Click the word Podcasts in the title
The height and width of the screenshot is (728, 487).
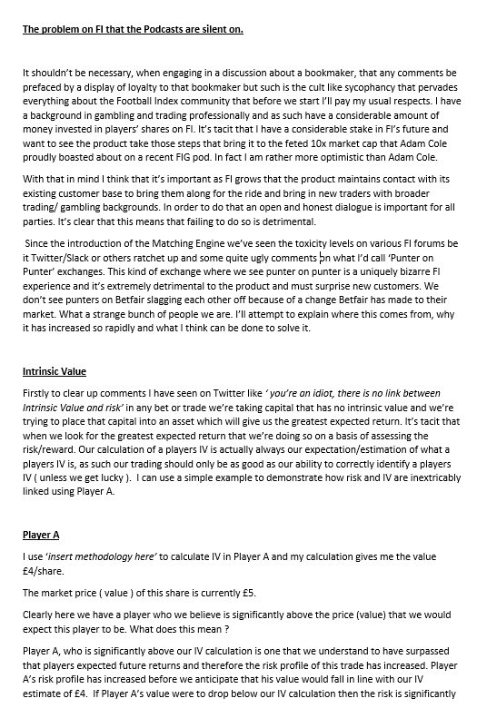point(151,29)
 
